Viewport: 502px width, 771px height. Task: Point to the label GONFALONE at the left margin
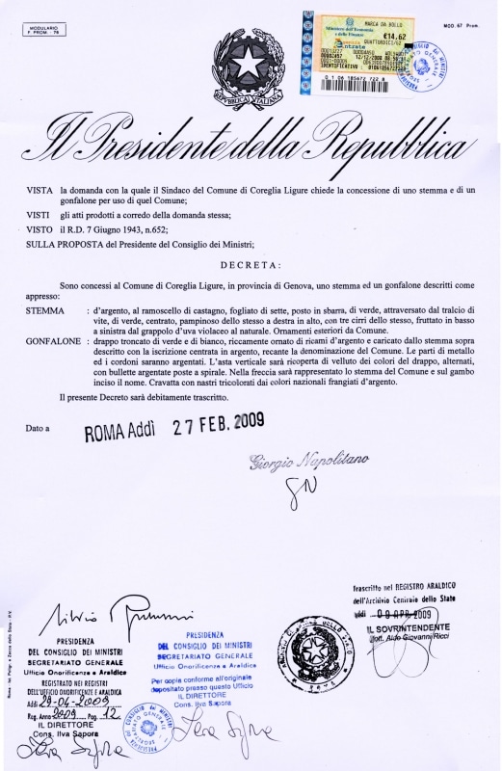coord(53,342)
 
